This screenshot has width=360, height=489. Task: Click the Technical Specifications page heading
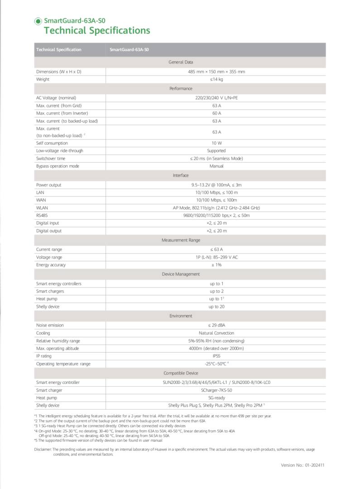pyautogui.click(x=97, y=31)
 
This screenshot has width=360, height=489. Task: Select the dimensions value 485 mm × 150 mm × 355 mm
pyautogui.click(x=216, y=72)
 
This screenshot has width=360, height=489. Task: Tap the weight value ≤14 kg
pyautogui.click(x=216, y=79)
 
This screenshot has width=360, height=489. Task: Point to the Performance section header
pyautogui.click(x=181, y=89)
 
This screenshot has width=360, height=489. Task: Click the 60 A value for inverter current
pyautogui.click(x=216, y=113)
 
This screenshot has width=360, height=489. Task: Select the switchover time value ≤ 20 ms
pyautogui.click(x=216, y=158)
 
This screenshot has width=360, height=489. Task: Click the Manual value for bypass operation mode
pyautogui.click(x=216, y=166)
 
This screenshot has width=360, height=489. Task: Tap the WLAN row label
pyautogui.click(x=42, y=208)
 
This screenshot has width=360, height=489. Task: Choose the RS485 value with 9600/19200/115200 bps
pyautogui.click(x=216, y=216)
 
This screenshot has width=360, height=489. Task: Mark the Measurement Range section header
pyautogui.click(x=181, y=240)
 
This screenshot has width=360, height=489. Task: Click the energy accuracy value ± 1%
pyautogui.click(x=216, y=265)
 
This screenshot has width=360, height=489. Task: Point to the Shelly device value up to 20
pyautogui.click(x=216, y=307)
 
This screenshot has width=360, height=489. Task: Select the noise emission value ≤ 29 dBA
pyautogui.click(x=216, y=325)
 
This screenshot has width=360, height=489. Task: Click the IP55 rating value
pyautogui.click(x=216, y=356)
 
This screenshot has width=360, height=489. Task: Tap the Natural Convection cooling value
pyautogui.click(x=216, y=333)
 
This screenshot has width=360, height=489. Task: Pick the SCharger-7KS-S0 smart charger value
pyautogui.click(x=216, y=390)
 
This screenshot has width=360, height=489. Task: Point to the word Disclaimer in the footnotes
pyautogui.click(x=43, y=450)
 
